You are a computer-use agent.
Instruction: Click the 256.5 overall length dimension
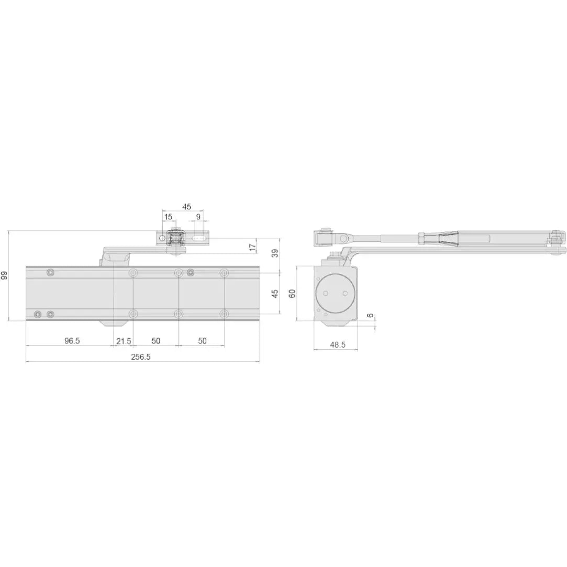tap(141, 357)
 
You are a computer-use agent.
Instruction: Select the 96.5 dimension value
tap(72, 341)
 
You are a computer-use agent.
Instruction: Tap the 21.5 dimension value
tap(124, 341)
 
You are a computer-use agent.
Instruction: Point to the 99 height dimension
tap(4, 275)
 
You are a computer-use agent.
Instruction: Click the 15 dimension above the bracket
tap(168, 217)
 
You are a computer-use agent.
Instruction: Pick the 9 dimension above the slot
tap(198, 217)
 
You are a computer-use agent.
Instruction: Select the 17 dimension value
tap(253, 247)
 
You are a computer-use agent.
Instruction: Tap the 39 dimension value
tap(275, 253)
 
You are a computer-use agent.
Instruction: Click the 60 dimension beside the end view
tap(293, 293)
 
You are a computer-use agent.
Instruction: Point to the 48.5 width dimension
tap(338, 344)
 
